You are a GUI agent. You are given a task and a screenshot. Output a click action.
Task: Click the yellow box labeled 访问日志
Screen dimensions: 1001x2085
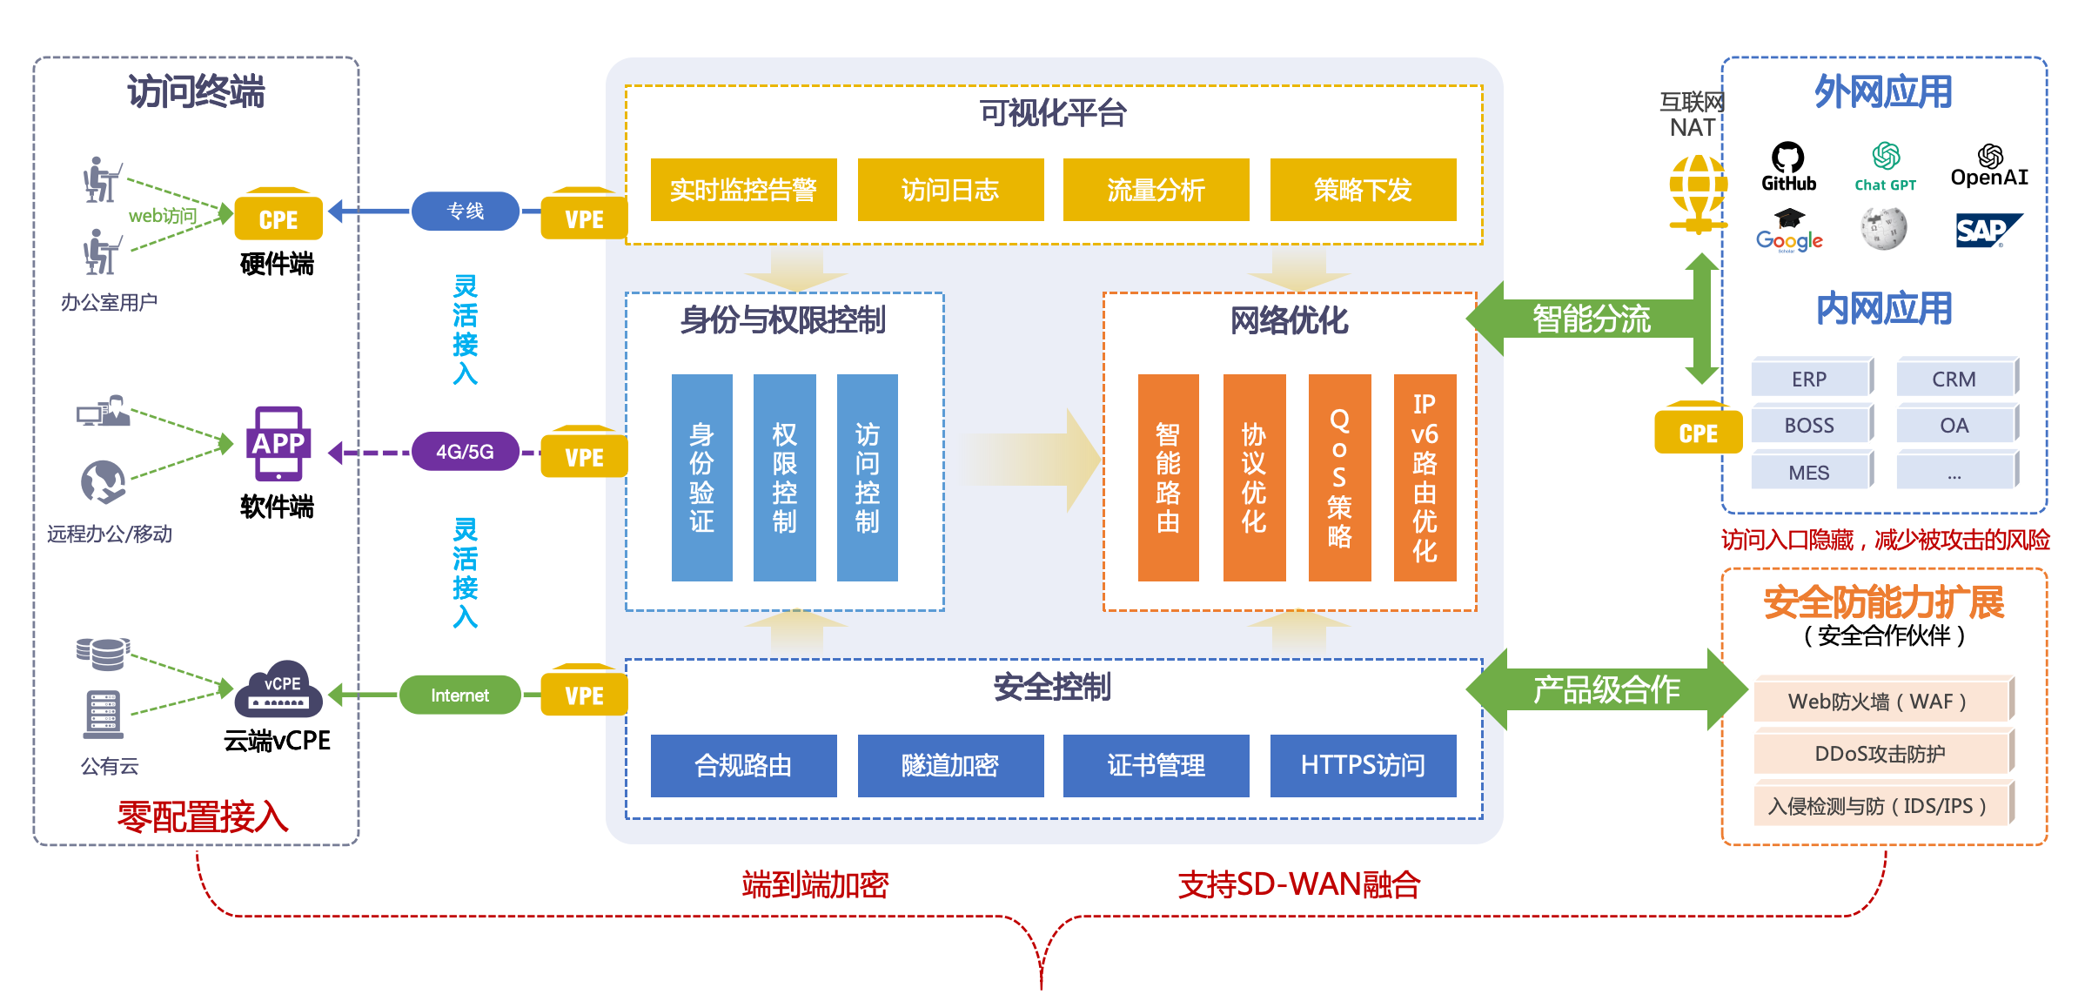coord(950,190)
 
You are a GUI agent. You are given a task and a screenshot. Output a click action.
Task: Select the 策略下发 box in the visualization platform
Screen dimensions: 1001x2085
coord(1363,190)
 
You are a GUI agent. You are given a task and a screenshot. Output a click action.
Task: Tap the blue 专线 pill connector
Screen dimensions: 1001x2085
coord(465,212)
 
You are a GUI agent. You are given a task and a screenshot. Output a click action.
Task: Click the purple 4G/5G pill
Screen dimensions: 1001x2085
coord(465,452)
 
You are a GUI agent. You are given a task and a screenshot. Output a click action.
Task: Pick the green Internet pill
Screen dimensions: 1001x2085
coord(459,695)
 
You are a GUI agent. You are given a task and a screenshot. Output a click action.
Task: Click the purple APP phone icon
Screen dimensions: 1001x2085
coord(278,444)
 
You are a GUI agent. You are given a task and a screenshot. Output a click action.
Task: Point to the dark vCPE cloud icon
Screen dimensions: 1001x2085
coord(282,690)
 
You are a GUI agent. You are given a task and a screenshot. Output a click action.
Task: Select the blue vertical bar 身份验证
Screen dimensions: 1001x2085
coord(701,477)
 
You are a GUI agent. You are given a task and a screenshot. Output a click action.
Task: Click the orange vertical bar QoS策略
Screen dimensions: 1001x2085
coord(1339,477)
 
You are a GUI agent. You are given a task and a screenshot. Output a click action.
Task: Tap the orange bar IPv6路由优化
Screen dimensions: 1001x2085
coord(1425,477)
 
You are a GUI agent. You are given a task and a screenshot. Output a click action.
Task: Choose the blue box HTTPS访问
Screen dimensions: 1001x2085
coord(1363,765)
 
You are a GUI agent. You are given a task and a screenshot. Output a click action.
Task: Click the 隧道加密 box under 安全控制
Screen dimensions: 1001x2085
coord(950,765)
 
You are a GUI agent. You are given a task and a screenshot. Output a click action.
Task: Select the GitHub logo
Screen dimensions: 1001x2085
coord(1788,166)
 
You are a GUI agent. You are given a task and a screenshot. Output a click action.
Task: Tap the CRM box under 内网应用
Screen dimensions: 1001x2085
coord(1954,380)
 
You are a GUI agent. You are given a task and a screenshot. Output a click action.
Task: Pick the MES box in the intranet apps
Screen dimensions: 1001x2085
coord(1809,473)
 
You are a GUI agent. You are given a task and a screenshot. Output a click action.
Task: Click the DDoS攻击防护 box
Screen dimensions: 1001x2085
coord(1881,753)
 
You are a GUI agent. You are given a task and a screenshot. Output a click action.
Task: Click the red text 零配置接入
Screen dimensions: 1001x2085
coord(203,816)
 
